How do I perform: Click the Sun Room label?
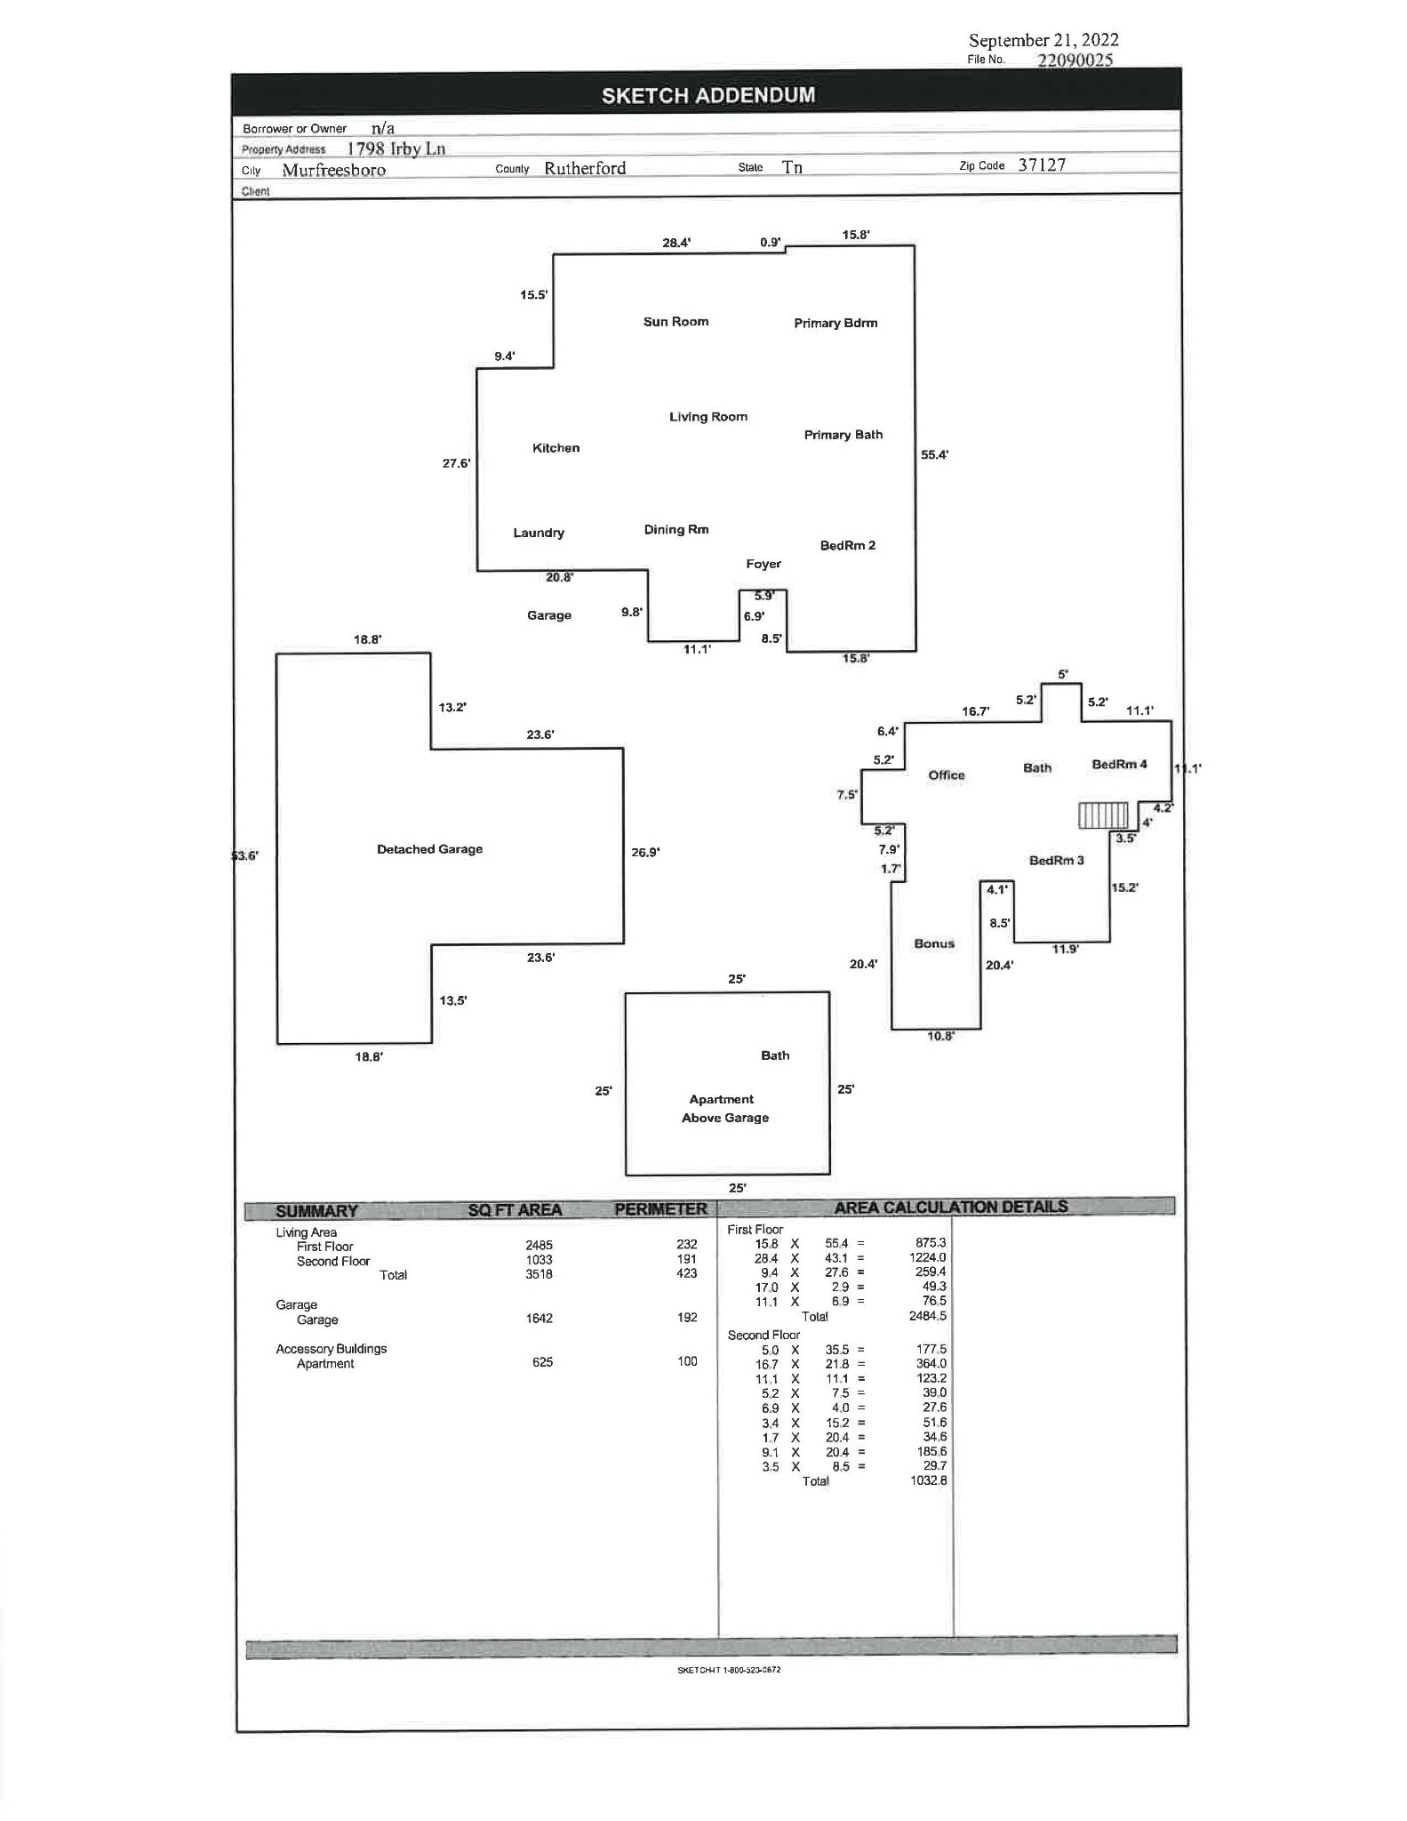click(676, 322)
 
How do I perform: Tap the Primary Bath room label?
click(843, 435)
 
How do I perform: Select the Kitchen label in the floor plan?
click(556, 448)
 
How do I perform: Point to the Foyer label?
click(763, 564)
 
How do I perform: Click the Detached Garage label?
click(429, 849)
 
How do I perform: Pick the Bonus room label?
click(934, 943)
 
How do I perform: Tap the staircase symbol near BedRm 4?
click(1103, 815)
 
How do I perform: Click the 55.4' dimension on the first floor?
click(934, 454)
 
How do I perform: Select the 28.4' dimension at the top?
click(676, 242)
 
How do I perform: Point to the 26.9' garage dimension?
click(645, 852)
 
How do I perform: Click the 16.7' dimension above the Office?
click(975, 711)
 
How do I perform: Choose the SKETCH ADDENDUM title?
click(707, 95)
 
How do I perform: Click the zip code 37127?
click(1042, 164)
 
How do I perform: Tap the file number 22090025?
click(1075, 60)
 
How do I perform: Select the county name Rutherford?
click(585, 168)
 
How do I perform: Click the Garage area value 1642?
click(539, 1318)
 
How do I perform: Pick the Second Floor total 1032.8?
click(929, 1480)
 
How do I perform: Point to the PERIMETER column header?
click(660, 1209)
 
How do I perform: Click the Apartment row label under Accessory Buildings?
click(325, 1364)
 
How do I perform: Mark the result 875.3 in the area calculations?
click(931, 1243)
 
